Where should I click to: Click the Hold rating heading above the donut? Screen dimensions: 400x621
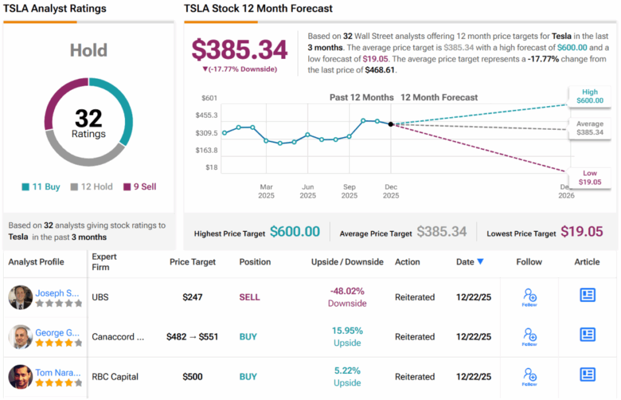89,50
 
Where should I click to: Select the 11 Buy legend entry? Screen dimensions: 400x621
41,187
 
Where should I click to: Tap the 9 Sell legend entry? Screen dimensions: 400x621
139,187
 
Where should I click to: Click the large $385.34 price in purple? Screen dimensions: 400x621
240,50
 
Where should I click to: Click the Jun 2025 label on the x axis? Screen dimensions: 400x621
308,191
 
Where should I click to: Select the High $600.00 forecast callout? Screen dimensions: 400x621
589,96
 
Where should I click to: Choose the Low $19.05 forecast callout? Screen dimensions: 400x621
589,177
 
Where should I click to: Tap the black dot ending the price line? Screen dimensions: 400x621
391,124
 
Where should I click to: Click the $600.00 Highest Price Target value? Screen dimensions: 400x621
295,231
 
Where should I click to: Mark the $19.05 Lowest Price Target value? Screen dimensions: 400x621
582,231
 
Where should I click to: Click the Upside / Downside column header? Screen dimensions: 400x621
347,262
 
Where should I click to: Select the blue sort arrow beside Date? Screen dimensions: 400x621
480,262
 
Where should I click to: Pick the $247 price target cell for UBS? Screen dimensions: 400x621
192,297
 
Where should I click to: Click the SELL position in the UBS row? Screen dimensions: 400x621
249,297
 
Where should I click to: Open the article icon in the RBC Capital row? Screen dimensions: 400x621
587,375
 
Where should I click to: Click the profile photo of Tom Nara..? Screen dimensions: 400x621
20,377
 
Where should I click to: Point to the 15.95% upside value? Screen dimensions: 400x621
347,331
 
